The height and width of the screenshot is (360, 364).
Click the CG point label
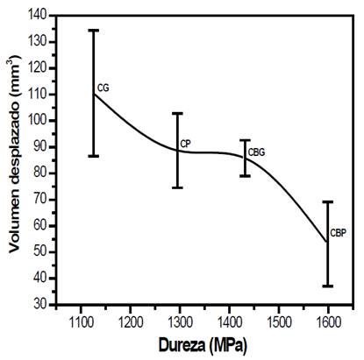(x=103, y=88)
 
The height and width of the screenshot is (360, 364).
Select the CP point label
(x=185, y=144)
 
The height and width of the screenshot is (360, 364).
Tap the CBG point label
(x=256, y=152)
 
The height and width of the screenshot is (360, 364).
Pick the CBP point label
(x=338, y=233)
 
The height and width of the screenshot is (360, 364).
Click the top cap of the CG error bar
(x=93, y=30)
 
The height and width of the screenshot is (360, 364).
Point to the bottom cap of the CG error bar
(x=93, y=156)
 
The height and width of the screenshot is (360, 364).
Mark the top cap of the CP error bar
(x=177, y=113)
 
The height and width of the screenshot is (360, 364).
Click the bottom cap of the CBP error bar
(x=328, y=286)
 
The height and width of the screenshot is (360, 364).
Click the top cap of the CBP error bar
(x=328, y=201)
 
